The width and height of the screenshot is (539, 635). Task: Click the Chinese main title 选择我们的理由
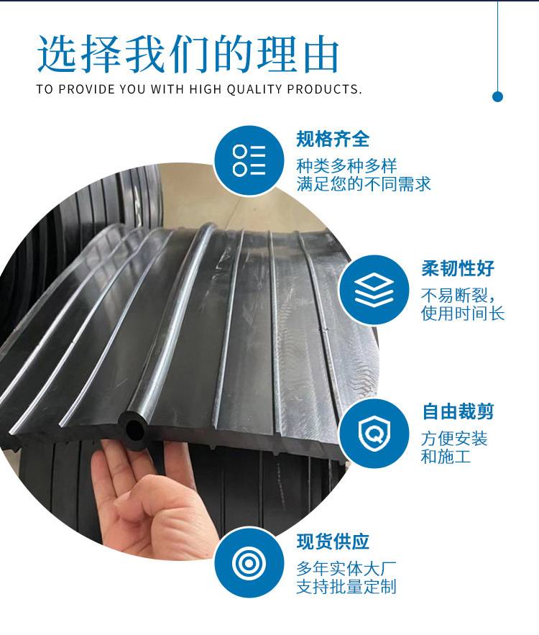pos(188,55)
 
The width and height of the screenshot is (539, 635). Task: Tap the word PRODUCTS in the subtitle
pos(324,89)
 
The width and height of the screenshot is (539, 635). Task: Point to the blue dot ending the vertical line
pos(498,97)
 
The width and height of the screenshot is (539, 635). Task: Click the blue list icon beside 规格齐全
pos(249,160)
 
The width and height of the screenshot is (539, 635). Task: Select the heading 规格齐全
pos(333,140)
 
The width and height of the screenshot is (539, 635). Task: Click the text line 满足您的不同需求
pos(364,184)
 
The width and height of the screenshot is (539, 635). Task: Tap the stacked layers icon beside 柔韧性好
pos(374,290)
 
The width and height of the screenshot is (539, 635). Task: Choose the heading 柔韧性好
pos(458,268)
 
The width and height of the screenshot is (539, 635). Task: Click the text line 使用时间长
pos(463,314)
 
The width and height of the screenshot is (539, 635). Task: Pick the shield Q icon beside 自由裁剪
pos(374,434)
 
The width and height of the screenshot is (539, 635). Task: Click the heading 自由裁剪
pos(458,412)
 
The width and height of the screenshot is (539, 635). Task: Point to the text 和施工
pos(446,457)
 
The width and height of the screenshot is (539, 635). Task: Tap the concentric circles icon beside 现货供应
pos(249,563)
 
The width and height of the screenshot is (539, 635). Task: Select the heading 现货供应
pos(333,542)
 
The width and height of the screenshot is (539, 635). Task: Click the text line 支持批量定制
pos(346,587)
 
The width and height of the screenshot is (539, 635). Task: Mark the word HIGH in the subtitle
pos(205,89)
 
